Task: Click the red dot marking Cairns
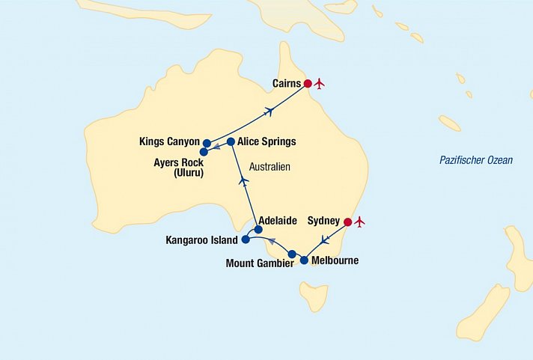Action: click(x=308, y=83)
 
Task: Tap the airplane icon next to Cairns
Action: click(x=320, y=83)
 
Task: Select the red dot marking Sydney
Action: click(x=347, y=222)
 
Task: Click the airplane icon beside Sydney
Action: click(x=360, y=222)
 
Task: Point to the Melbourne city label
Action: click(x=335, y=261)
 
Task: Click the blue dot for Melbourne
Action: click(x=304, y=260)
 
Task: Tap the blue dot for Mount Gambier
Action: click(x=292, y=254)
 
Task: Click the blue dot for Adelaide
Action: click(x=258, y=230)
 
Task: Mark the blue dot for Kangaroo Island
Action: click(x=246, y=240)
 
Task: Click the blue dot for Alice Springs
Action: click(x=231, y=141)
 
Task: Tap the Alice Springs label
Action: click(x=267, y=141)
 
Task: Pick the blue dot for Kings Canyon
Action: click(x=207, y=142)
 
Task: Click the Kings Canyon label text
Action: click(x=169, y=141)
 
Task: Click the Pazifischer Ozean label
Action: click(x=475, y=160)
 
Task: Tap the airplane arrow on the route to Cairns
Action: click(x=268, y=112)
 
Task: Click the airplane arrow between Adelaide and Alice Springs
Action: click(x=243, y=180)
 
